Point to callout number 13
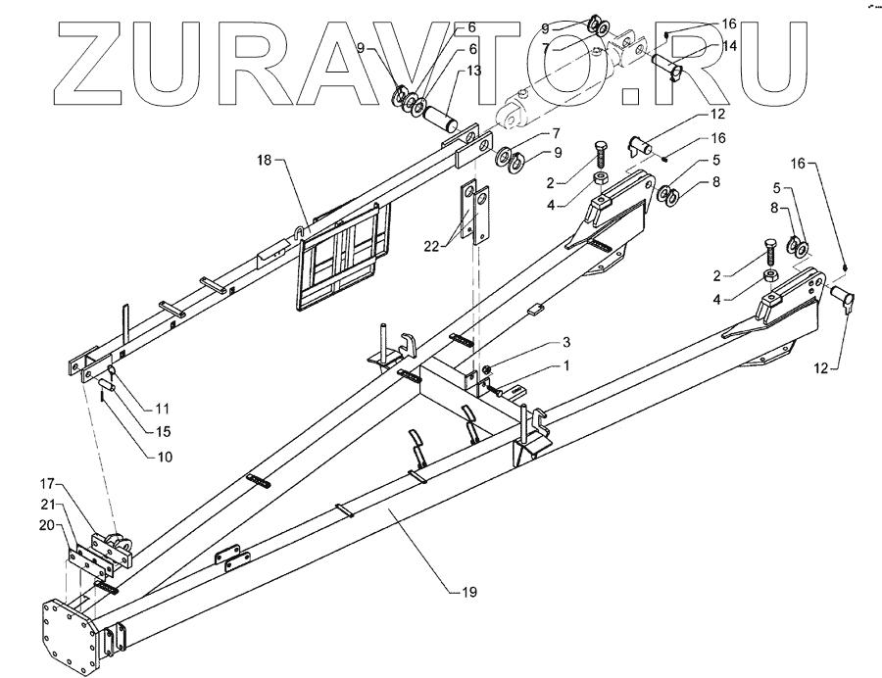coord(474,71)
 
